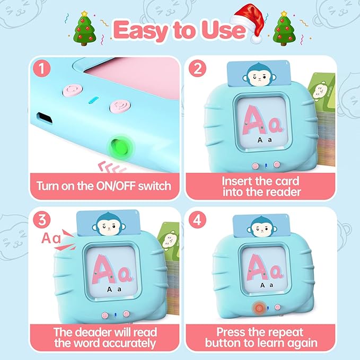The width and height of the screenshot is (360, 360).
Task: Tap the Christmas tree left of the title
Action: pos(84,28)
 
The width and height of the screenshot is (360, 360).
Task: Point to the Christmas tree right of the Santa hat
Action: pos(284,28)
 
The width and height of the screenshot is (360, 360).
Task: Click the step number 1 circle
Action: pos(41,68)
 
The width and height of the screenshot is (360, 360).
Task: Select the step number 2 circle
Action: pos(197,68)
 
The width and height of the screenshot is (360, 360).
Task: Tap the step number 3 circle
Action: pos(41,219)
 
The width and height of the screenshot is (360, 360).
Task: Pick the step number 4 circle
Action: pos(197,219)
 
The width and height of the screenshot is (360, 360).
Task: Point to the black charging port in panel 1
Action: pos(45,118)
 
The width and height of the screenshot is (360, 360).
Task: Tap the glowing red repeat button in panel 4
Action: pos(259,308)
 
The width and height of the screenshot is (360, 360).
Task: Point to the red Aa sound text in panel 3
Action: pos(51,238)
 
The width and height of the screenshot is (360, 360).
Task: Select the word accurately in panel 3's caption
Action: pos(129,344)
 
